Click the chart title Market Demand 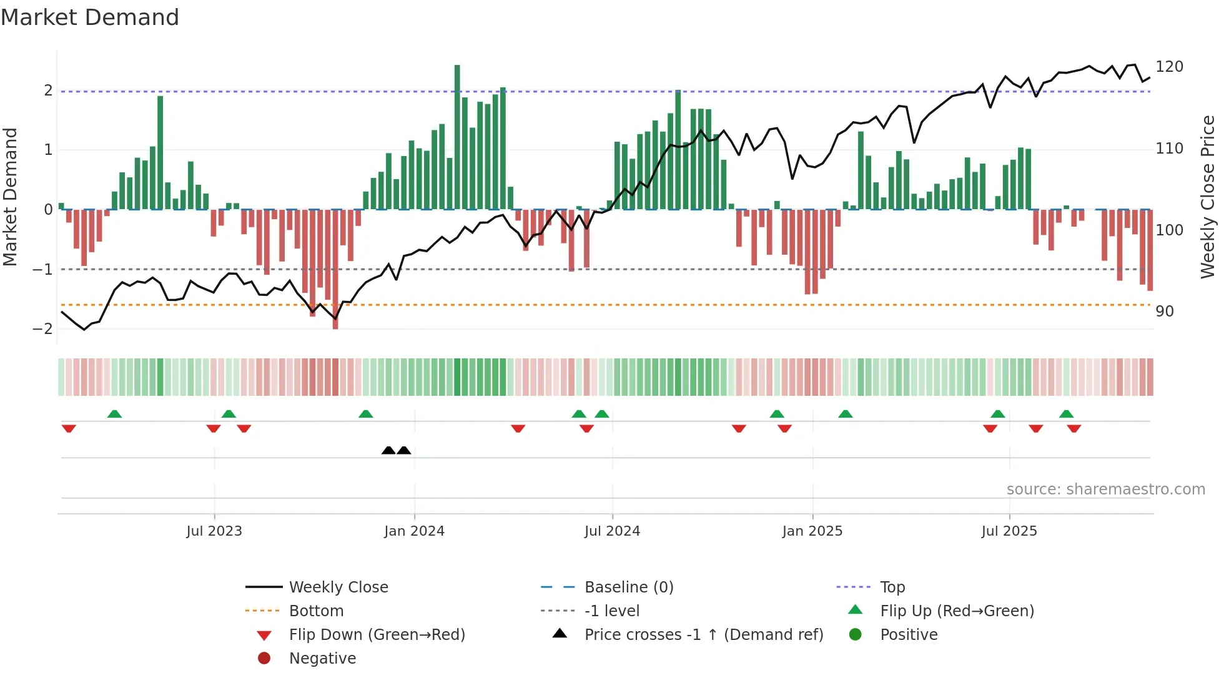90,17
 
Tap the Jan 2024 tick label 414,531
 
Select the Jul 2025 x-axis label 1009,531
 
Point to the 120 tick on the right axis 1169,67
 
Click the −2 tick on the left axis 42,329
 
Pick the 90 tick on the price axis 1164,312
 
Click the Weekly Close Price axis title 1208,197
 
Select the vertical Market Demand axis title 11,197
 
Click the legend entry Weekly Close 338,587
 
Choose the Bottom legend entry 315,611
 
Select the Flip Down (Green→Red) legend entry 377,635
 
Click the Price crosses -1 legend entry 703,635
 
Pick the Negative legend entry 322,659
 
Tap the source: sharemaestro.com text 1105,489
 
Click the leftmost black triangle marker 388,450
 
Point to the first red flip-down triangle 69,428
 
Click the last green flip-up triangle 1066,414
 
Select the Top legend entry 892,587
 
